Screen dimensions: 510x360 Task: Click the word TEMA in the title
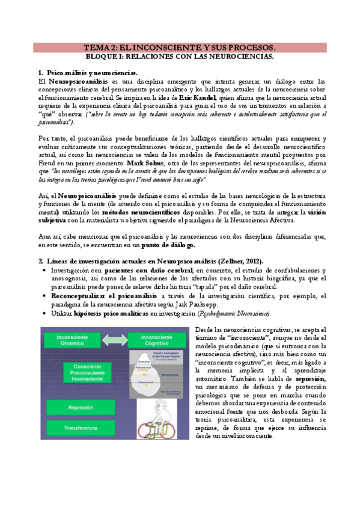(x=96, y=48)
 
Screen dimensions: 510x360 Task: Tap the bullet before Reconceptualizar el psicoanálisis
(x=46, y=296)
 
